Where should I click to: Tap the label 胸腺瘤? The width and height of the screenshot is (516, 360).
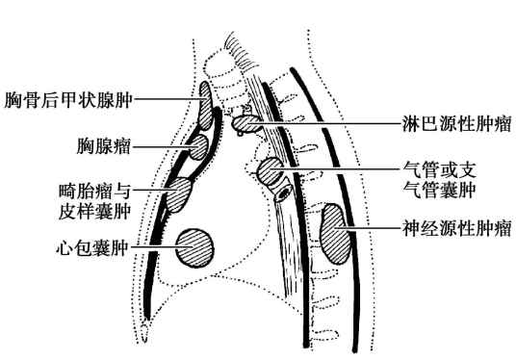point(104,147)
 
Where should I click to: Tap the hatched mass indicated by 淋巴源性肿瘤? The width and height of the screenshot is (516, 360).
point(245,123)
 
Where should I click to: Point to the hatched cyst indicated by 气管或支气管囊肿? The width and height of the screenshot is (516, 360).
point(271,172)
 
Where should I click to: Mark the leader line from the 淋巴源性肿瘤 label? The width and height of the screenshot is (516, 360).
point(327,123)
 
